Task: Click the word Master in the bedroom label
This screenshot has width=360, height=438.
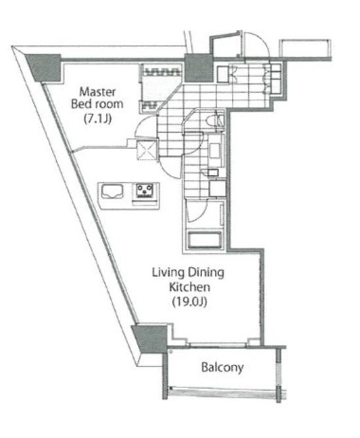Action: [x=97, y=92]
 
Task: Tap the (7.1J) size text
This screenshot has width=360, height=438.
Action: [x=98, y=119]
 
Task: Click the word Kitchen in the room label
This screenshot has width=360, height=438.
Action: [x=190, y=287]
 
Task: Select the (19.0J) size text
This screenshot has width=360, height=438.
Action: [x=190, y=302]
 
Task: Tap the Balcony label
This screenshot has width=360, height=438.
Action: [x=222, y=368]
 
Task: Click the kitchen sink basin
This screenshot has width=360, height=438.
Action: [x=112, y=192]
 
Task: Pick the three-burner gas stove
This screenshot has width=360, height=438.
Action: [x=144, y=190]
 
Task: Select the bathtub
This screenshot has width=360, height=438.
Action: [x=205, y=240]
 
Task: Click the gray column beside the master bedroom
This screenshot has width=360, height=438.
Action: [x=44, y=68]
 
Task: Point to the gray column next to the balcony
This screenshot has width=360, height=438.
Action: [x=149, y=339]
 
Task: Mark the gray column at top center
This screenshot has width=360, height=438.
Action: [x=199, y=68]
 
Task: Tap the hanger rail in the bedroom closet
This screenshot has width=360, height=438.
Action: [x=162, y=72]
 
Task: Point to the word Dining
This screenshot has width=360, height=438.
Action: [x=206, y=272]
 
